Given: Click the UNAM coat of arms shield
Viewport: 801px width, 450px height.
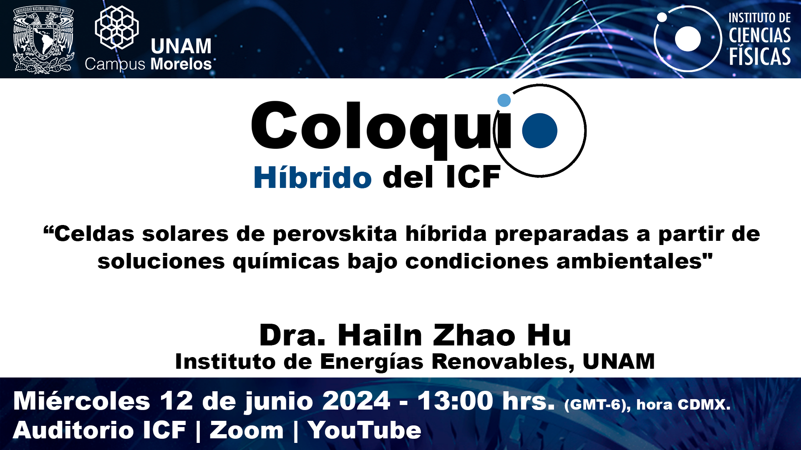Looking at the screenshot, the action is (x=44, y=40).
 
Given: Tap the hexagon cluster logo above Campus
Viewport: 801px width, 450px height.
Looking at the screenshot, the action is (x=117, y=27).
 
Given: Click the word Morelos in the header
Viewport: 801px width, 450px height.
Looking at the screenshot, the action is (x=181, y=64).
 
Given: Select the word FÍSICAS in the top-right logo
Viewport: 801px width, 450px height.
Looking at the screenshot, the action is (x=760, y=56).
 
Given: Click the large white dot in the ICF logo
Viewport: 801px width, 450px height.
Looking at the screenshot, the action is (x=688, y=39).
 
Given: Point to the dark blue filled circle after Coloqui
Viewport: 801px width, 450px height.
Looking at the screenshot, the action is (x=540, y=130).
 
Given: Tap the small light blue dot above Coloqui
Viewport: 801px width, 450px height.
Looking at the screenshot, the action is (x=504, y=100).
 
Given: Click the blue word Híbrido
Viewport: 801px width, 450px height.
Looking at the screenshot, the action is (x=312, y=177).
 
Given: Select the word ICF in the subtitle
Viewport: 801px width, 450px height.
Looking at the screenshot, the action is (x=473, y=177).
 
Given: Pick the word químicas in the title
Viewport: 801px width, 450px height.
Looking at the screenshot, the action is (x=286, y=262).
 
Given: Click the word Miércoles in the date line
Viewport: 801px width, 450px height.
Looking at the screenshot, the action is (x=82, y=401).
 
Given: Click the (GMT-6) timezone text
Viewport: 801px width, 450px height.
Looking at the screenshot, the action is (x=597, y=405).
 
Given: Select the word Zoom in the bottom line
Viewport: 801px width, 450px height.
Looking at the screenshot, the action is (x=247, y=430).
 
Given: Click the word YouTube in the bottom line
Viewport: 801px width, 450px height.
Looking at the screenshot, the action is (x=365, y=430).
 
